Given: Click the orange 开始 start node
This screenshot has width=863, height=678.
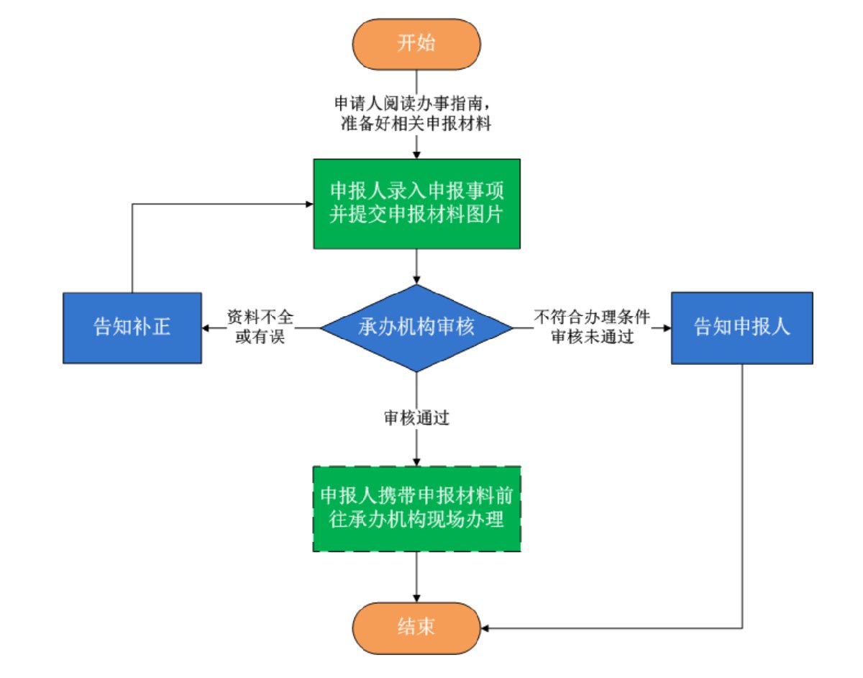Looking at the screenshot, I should tap(416, 43).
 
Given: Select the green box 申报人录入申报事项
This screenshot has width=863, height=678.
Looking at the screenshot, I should tap(416, 204).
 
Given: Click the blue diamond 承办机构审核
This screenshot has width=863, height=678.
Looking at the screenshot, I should tap(416, 327).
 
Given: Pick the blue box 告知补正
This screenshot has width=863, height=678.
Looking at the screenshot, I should tap(132, 327).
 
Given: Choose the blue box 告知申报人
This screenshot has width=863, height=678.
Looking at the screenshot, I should tap(741, 327).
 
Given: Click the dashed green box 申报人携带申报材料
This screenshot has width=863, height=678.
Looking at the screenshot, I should tap(416, 509).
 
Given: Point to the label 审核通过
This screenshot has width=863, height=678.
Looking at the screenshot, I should tap(416, 418).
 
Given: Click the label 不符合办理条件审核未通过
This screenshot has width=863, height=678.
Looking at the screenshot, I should tap(592, 327).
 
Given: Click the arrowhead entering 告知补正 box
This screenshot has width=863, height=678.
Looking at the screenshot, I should tap(206, 328).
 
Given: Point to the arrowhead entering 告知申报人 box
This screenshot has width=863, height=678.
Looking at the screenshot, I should tap(667, 328).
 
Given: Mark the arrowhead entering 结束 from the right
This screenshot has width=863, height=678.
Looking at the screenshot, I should tap(485, 628).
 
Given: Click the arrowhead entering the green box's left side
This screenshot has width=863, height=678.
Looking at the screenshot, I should tap(309, 204).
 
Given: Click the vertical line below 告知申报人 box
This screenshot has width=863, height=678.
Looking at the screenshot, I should tap(741, 497).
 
